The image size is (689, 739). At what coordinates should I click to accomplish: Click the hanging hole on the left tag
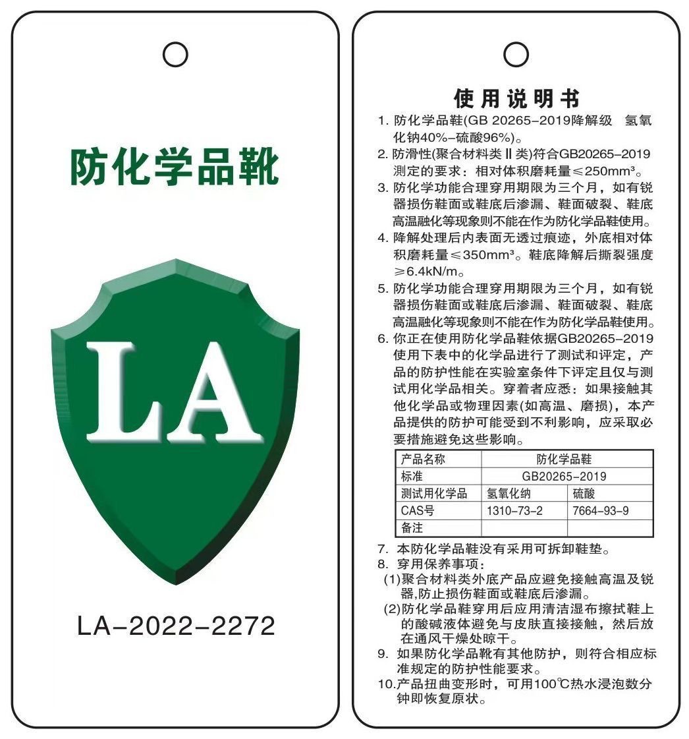tap(175, 55)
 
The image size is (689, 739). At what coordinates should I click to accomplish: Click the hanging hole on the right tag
tap(516, 54)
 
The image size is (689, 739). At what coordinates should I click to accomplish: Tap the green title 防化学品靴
tap(175, 167)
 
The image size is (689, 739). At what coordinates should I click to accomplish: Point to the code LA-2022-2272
tap(176, 626)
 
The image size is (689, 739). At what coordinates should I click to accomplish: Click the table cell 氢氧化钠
tap(509, 493)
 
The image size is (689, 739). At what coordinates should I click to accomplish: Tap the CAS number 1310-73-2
tap(514, 510)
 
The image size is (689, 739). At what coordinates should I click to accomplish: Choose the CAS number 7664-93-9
tap(601, 510)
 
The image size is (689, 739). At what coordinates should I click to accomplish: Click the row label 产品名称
tap(423, 459)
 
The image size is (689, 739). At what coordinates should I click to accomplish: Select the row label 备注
tap(412, 527)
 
